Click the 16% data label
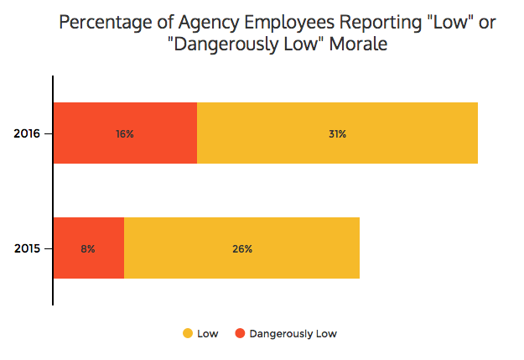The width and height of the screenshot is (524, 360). click(x=125, y=133)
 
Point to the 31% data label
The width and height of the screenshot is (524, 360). click(x=337, y=133)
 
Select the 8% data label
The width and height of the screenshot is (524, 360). click(x=88, y=248)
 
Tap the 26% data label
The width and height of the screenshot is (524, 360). click(x=242, y=248)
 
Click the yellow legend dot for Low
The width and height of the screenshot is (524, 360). click(x=187, y=334)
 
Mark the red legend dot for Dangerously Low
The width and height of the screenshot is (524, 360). click(x=239, y=334)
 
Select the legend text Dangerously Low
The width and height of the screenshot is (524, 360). click(x=293, y=334)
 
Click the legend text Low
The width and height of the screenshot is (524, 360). click(x=207, y=334)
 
